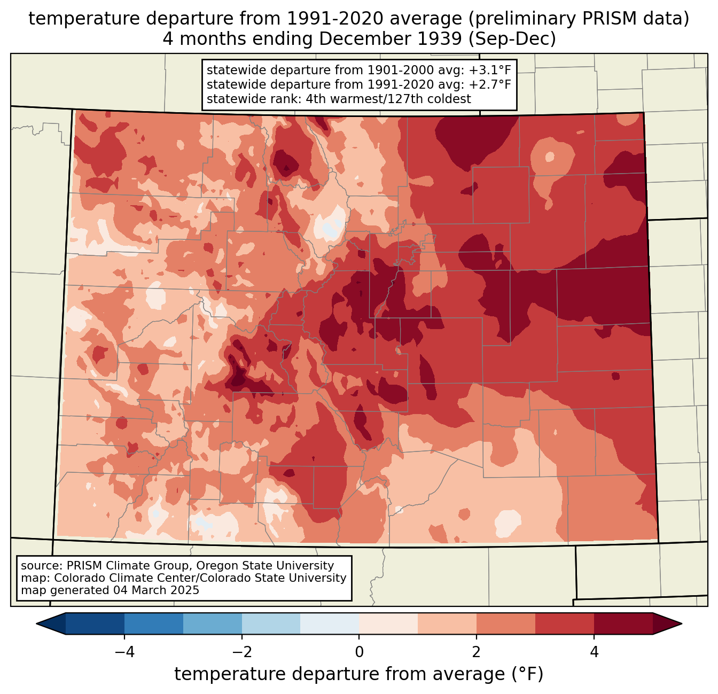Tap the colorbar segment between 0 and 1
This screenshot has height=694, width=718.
coord(388,623)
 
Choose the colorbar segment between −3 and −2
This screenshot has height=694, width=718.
coord(212,623)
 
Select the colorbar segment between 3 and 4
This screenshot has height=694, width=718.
coord(565,623)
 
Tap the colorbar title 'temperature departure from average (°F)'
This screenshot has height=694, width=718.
coord(359,674)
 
